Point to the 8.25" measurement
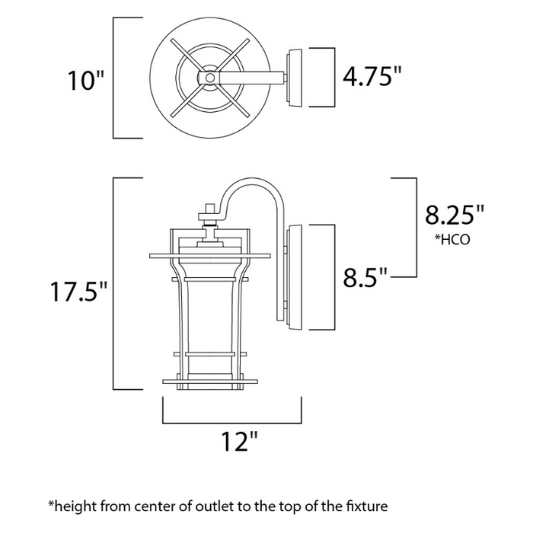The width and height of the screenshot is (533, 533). pyautogui.click(x=455, y=215)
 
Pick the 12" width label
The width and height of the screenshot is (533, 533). pyautogui.click(x=233, y=441)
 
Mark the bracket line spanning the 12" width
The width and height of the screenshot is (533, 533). pyautogui.click(x=233, y=420)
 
